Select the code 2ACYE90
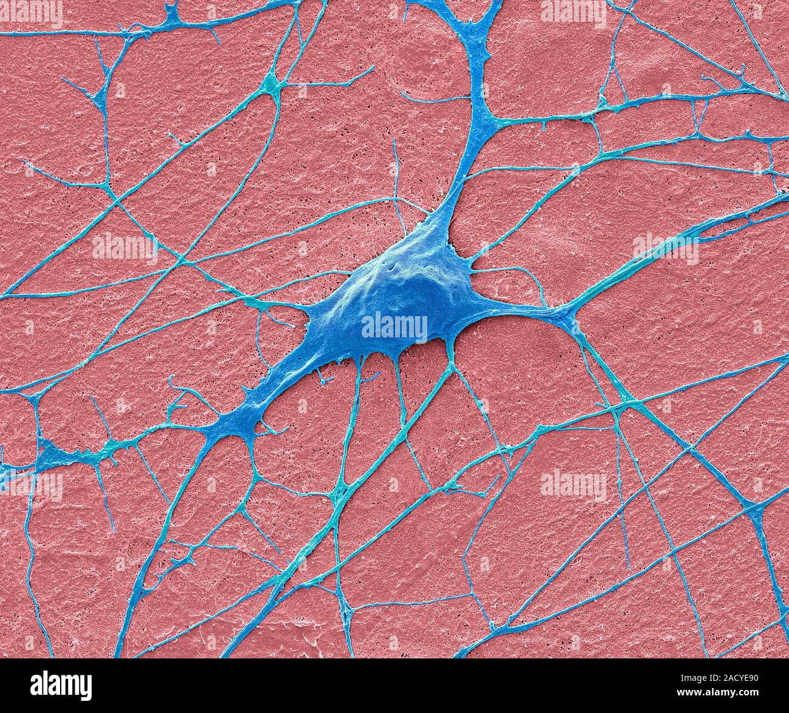click(740, 677)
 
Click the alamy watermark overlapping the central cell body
click(394, 326)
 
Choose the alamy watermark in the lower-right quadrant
click(573, 484)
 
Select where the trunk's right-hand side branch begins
click(486, 121)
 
